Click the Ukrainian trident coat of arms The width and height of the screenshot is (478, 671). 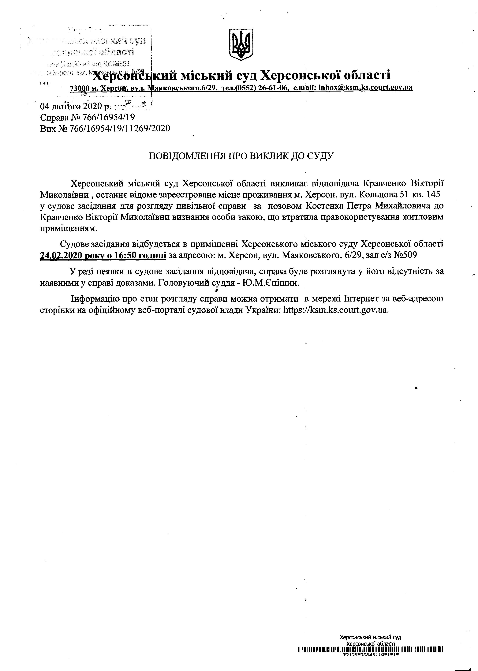[241, 45]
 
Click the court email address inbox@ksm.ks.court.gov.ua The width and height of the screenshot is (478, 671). [366, 88]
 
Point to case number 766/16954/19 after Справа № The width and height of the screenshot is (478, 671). [102, 118]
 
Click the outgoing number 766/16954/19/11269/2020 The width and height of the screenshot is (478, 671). [120, 128]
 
